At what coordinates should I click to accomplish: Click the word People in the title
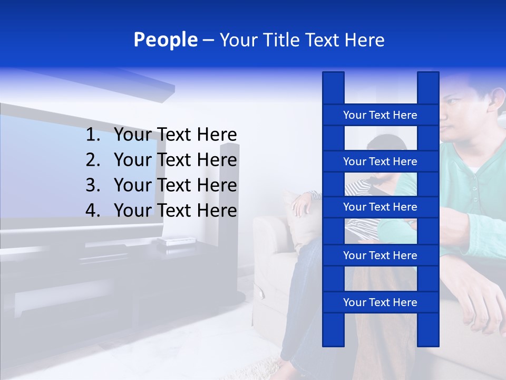pos(166,40)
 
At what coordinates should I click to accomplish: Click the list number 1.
pos(93,135)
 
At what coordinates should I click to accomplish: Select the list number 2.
pos(93,160)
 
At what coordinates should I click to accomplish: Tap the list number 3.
pos(93,185)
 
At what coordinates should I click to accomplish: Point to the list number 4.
pos(93,211)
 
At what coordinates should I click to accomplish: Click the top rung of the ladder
pos(380,115)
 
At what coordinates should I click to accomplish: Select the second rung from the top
pos(380,161)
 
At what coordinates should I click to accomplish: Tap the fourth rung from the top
pos(380,255)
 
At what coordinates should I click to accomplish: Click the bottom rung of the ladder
pos(380,302)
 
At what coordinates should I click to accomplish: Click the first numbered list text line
pos(175,135)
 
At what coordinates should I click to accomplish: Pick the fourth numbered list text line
pos(175,211)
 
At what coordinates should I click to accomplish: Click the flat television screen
pos(79,169)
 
